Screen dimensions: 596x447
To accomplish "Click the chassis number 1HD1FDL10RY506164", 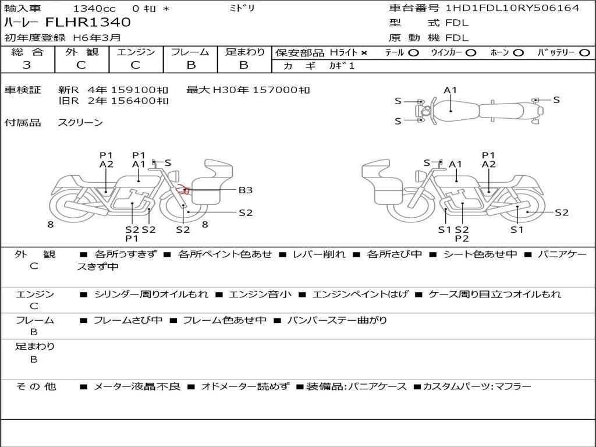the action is pos(512,8).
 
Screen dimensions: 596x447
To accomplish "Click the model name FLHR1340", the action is pos(88,22).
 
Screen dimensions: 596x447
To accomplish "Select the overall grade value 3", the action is pos(27,65).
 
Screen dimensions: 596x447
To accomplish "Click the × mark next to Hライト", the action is pos(364,53).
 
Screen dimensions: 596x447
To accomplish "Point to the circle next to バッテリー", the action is pos(584,53).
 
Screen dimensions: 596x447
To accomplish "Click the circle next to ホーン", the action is pos(518,53).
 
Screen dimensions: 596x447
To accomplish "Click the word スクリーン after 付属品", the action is pos(80,122).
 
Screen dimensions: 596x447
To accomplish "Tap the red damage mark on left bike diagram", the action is pos(182,189).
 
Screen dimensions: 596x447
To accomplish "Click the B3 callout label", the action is pos(246,190).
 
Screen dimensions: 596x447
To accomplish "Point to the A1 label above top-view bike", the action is pos(450,90).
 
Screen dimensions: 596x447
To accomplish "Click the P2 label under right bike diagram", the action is pos(462,239).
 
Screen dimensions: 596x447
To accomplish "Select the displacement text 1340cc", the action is pos(94,8).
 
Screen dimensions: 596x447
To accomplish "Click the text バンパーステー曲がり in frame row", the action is pos(337,320).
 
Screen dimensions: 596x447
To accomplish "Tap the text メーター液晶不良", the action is pos(137,386).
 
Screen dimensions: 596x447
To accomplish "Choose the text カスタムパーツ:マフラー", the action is pos(477,386).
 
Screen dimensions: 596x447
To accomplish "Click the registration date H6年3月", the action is pos(97,38).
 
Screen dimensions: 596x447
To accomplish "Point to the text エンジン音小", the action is pos(260,294).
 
